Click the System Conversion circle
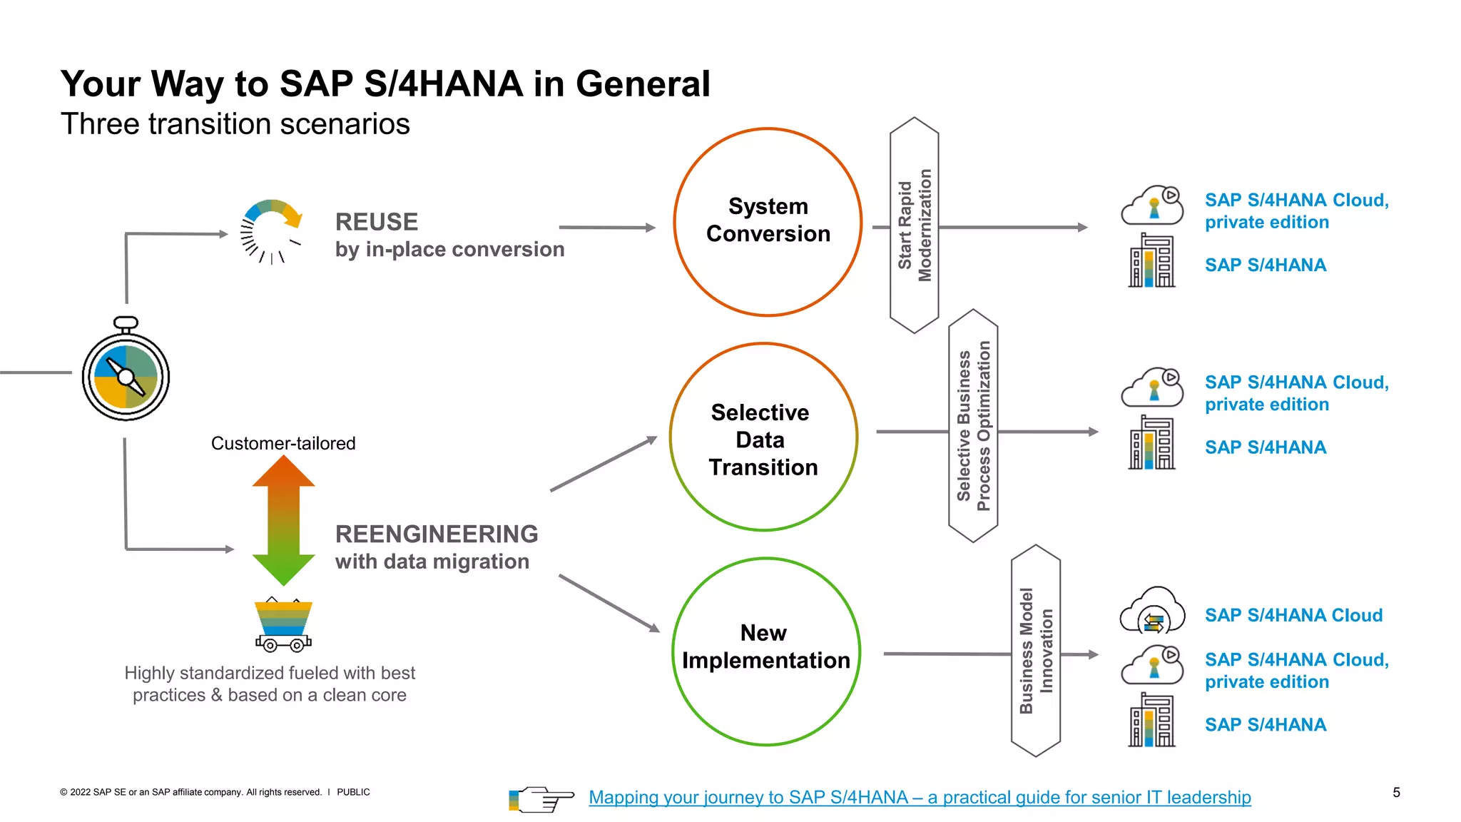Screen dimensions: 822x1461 pyautogui.click(x=768, y=221)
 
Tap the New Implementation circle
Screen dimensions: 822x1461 pyautogui.click(x=765, y=651)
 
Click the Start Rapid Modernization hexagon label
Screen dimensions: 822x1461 pyautogui.click(x=915, y=225)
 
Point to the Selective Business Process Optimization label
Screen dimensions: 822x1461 pyautogui.click(x=973, y=426)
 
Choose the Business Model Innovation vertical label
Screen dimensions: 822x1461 pyautogui.click(x=1036, y=651)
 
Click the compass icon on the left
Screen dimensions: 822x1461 pyautogui.click(x=126, y=374)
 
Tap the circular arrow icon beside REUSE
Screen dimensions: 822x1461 pyautogui.click(x=271, y=230)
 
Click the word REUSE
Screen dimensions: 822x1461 pyautogui.click(x=376, y=222)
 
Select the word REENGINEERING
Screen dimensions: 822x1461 pyautogui.click(x=437, y=534)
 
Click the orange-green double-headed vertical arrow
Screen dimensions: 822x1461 pyautogui.click(x=283, y=520)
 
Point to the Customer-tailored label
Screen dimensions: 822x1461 pyautogui.click(x=283, y=443)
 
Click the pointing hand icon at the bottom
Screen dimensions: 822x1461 pyautogui.click(x=542, y=799)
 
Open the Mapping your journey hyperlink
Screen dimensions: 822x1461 pyautogui.click(x=920, y=797)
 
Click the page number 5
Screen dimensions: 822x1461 pyautogui.click(x=1396, y=792)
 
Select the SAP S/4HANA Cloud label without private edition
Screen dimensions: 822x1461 pyautogui.click(x=1293, y=615)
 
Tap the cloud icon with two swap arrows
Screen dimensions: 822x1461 pyautogui.click(x=1152, y=612)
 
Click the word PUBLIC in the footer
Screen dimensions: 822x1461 pyautogui.click(x=353, y=792)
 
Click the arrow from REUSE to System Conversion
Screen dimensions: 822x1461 pyautogui.click(x=606, y=228)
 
